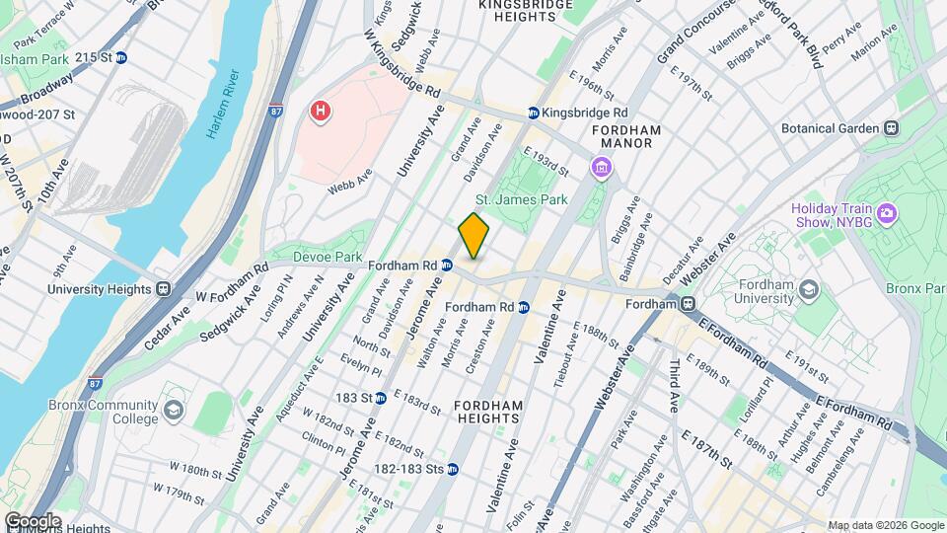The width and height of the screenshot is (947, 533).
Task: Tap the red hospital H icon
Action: click(x=320, y=112)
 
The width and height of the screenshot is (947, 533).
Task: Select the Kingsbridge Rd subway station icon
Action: click(x=534, y=114)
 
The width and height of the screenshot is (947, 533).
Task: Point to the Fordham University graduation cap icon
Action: click(x=809, y=289)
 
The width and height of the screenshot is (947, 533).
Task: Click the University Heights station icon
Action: click(x=163, y=289)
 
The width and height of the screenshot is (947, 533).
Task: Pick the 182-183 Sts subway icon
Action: click(x=452, y=469)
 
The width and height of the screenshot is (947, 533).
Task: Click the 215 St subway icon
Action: click(x=121, y=58)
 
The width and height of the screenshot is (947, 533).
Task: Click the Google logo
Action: click(x=32, y=520)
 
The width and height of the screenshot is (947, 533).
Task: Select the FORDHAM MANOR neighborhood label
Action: click(x=625, y=136)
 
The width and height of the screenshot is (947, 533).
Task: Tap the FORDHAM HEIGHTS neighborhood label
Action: click(x=485, y=412)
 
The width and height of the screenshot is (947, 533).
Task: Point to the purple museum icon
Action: click(x=600, y=169)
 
